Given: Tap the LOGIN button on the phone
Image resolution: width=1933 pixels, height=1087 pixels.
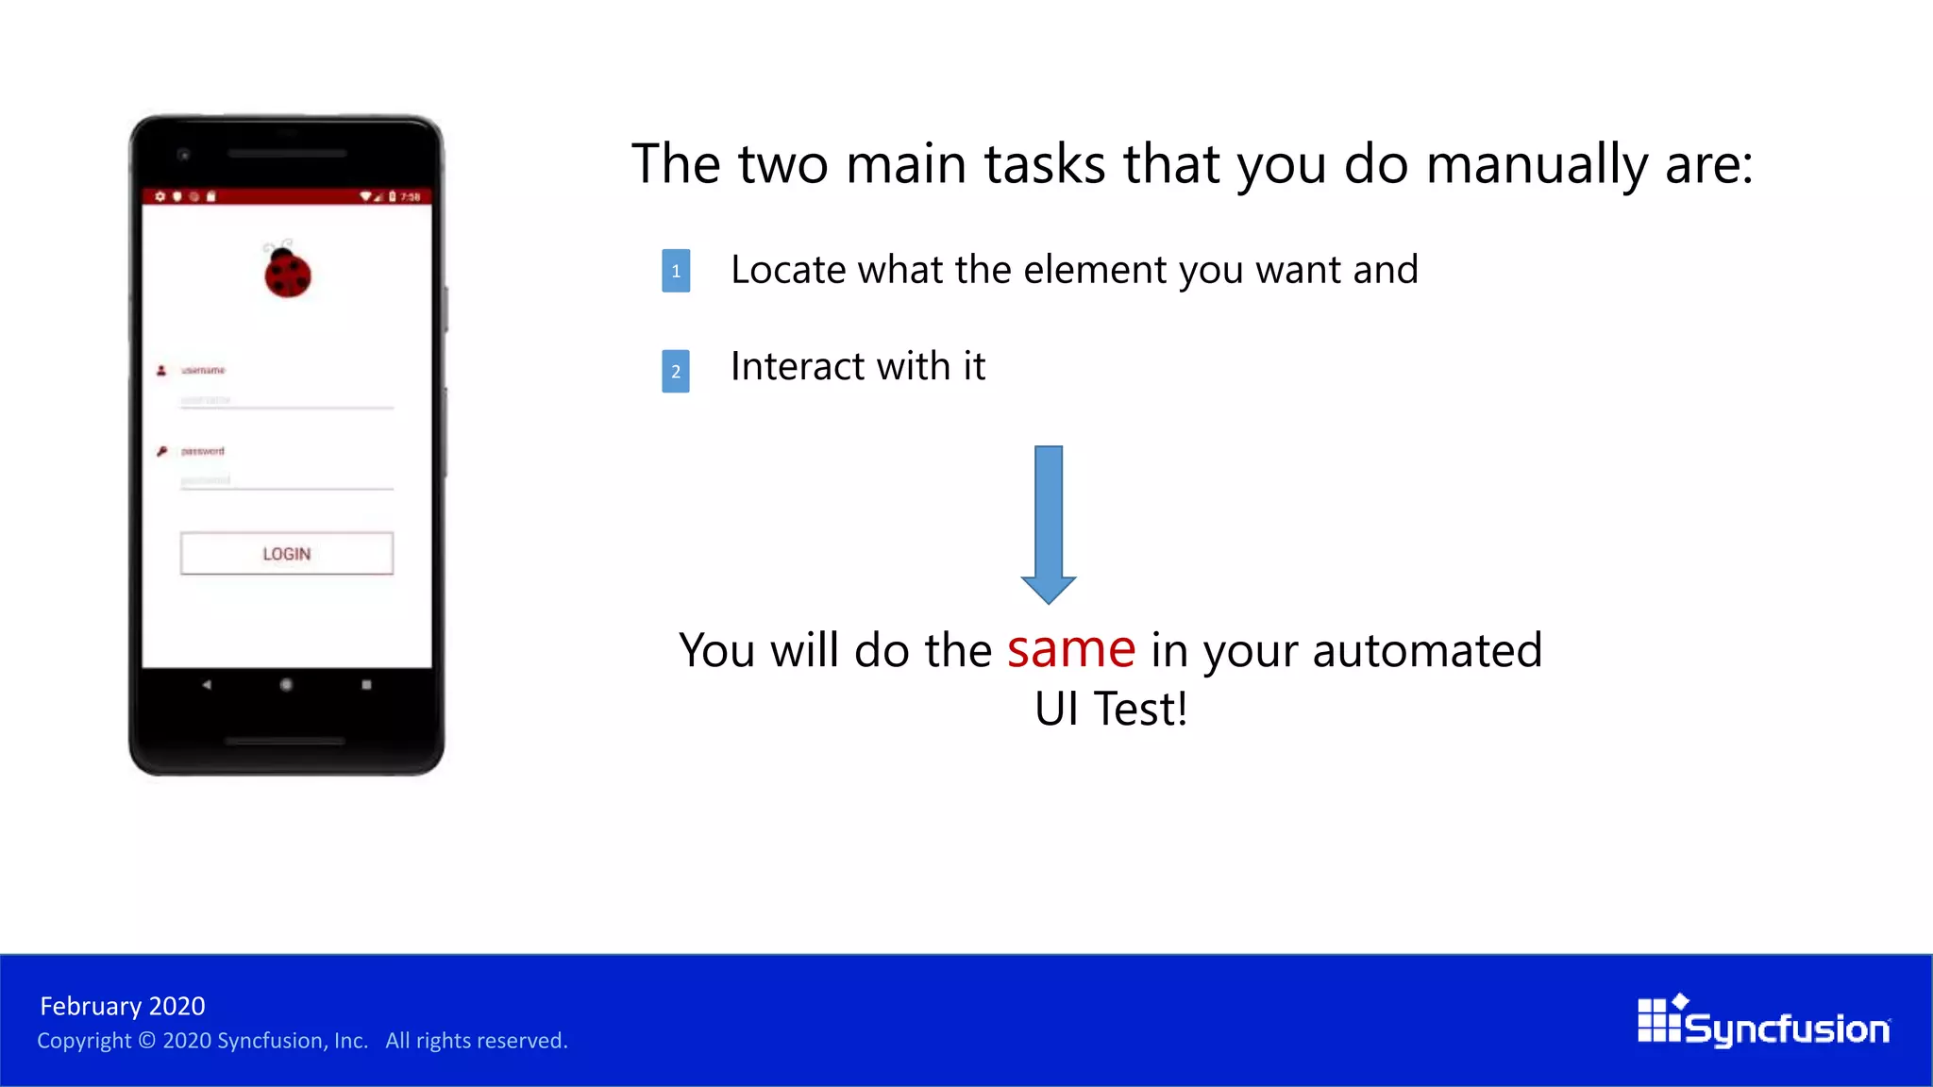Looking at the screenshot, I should (x=286, y=554).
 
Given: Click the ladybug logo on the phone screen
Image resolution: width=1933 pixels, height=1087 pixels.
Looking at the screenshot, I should (x=287, y=272).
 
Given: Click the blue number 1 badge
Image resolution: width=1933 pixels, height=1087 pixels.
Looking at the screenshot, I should (x=676, y=271).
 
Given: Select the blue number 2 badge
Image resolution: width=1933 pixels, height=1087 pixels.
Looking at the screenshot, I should (x=676, y=371).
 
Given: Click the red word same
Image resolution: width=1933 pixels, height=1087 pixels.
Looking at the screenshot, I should (x=1070, y=650).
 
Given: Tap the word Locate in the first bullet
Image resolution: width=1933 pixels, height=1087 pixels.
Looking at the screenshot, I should (x=788, y=271).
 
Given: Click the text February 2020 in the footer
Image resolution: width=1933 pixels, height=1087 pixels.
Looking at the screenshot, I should (x=123, y=1006).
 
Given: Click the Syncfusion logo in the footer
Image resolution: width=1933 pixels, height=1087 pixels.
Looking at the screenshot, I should (x=1763, y=1022).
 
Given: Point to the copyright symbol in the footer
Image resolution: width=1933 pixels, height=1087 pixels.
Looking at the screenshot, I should (x=146, y=1041).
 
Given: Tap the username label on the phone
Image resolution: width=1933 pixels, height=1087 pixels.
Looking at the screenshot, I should (x=203, y=370).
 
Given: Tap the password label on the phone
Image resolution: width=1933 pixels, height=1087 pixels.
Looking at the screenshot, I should (x=202, y=451).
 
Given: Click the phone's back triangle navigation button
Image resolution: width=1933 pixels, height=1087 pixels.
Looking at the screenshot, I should (x=207, y=684).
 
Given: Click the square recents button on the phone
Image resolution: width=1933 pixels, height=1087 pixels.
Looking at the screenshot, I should (x=366, y=684).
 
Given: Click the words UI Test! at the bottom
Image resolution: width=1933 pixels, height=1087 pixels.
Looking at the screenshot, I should (x=1110, y=710).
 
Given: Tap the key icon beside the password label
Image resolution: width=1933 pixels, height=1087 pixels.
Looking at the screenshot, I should (x=161, y=451).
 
